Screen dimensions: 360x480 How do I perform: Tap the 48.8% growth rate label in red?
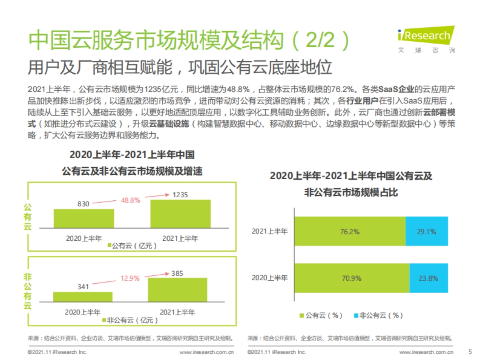coord(131,200)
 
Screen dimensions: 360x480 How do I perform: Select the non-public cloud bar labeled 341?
coord(82,297)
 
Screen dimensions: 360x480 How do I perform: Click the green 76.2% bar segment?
coord(350,231)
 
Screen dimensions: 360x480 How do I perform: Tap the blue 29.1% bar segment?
coord(426,231)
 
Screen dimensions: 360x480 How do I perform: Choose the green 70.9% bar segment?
coord(352,278)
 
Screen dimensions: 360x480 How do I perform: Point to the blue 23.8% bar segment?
coord(428,278)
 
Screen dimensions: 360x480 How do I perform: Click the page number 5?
coord(470,352)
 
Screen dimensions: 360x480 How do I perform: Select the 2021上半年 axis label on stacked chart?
coord(269,231)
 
